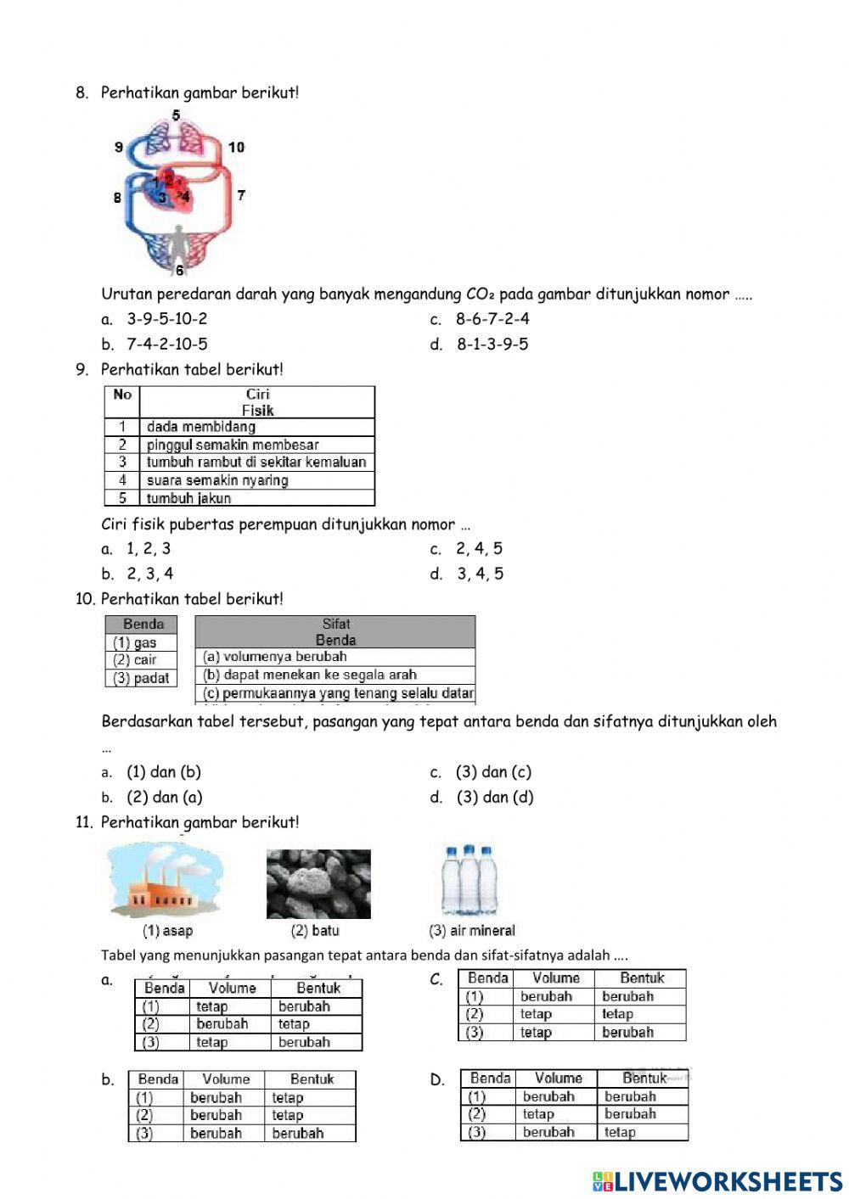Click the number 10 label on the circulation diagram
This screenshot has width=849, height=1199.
236,147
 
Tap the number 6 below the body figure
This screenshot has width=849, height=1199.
179,271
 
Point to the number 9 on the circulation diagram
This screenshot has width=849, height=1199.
119,147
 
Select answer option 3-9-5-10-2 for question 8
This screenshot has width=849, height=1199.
166,319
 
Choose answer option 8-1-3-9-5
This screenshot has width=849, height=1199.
492,345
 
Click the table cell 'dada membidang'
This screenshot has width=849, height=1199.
200,427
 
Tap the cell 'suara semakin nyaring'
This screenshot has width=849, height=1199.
217,480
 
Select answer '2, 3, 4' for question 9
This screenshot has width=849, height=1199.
150,574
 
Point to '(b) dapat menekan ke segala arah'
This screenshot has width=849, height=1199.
310,675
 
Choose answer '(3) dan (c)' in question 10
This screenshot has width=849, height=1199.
493,772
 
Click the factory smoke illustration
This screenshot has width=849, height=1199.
166,882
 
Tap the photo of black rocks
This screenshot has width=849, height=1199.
318,883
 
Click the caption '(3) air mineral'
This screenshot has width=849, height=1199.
472,931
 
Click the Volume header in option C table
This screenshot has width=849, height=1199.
555,978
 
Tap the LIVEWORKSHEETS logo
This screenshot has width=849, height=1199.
717,1180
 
